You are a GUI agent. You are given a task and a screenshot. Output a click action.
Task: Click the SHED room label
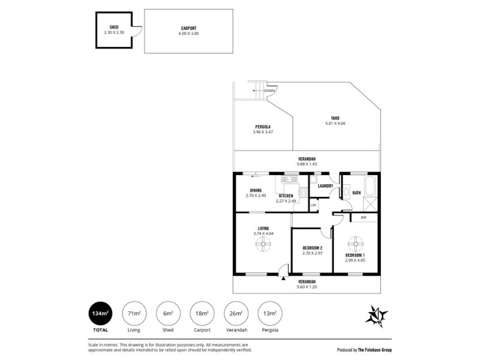tap(114, 27)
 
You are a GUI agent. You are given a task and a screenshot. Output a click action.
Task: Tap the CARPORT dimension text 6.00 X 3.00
tap(188, 34)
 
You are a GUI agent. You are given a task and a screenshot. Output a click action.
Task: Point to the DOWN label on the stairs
tap(269, 91)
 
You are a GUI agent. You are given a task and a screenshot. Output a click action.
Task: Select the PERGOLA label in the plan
tap(263, 127)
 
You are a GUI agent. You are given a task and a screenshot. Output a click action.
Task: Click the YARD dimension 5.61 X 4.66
tap(335, 124)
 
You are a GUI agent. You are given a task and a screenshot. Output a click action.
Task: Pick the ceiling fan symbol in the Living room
tap(263, 244)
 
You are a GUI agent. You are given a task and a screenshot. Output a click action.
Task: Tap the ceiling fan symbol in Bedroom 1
tap(355, 244)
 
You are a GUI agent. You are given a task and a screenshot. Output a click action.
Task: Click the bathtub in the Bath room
tap(370, 186)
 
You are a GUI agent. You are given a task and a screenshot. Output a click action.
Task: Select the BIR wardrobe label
tap(364, 218)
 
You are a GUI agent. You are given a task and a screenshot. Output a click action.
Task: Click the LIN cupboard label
tap(313, 205)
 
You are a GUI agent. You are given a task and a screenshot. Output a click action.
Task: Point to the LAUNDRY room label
tap(325, 186)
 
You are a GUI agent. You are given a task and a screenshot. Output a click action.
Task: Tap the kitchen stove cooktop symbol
tap(303, 192)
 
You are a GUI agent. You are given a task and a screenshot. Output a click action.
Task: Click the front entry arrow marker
tap(283, 278)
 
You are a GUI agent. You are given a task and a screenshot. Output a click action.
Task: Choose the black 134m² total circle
tap(100, 313)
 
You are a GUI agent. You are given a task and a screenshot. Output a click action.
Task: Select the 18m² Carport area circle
tap(202, 313)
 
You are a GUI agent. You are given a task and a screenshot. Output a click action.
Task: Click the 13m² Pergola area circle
tap(270, 313)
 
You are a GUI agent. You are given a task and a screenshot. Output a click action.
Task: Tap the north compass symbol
tap(377, 317)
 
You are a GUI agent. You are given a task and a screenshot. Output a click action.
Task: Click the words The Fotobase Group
tap(374, 350)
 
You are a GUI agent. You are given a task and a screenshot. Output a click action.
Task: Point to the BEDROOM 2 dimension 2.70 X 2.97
tap(312, 253)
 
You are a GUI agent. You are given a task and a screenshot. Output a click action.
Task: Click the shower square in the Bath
tap(370, 204)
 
